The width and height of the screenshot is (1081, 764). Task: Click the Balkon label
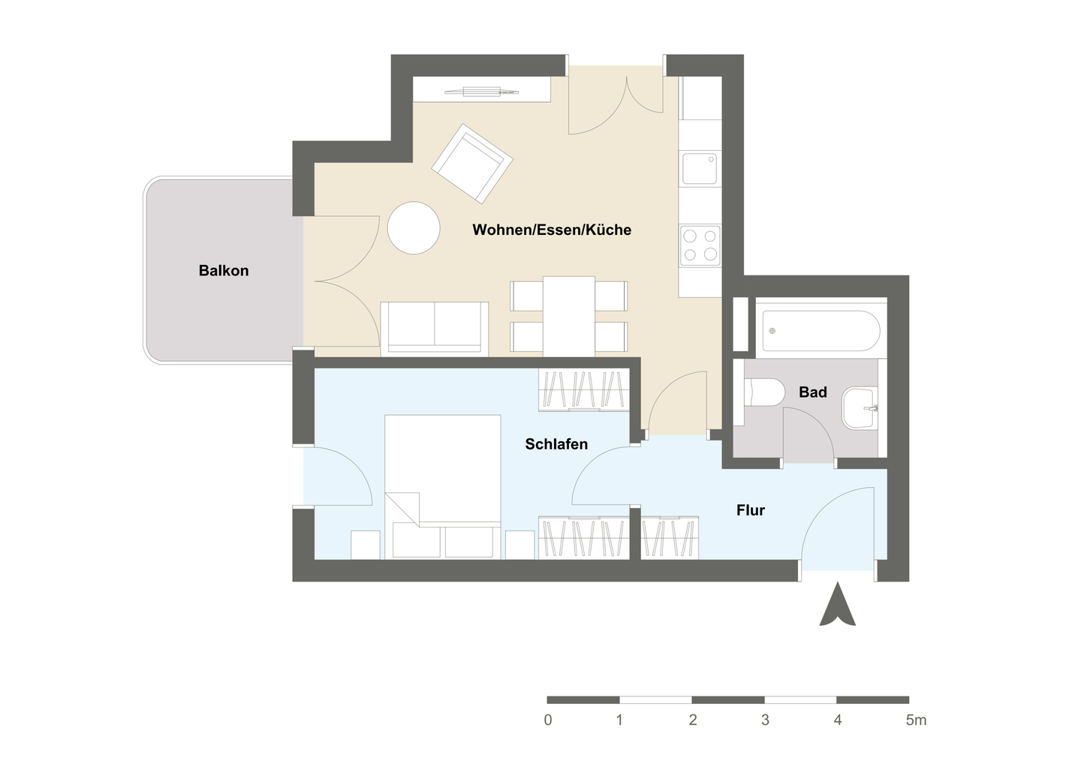(223, 271)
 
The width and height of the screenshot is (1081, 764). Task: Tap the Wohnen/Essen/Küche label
(552, 230)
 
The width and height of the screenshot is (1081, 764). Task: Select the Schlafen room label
(556, 444)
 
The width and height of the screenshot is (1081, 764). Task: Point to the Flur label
(750, 510)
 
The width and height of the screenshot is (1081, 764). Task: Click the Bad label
(812, 392)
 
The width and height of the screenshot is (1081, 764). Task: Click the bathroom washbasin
(860, 408)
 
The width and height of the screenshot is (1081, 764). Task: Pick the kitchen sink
(700, 168)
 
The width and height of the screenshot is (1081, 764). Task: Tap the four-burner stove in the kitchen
(700, 245)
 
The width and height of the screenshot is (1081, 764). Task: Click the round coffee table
(414, 228)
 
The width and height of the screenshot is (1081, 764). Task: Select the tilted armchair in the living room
(471, 164)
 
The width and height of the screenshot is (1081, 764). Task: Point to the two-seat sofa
(435, 328)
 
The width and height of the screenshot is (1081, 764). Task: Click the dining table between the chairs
(569, 316)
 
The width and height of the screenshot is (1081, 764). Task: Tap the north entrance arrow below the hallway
(837, 607)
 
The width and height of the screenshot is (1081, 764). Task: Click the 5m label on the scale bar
(916, 720)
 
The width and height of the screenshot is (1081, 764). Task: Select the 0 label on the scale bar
(548, 720)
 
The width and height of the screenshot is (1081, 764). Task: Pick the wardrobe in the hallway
(670, 537)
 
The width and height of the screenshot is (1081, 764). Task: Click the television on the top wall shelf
(482, 92)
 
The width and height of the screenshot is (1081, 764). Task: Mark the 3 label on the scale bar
(765, 720)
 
